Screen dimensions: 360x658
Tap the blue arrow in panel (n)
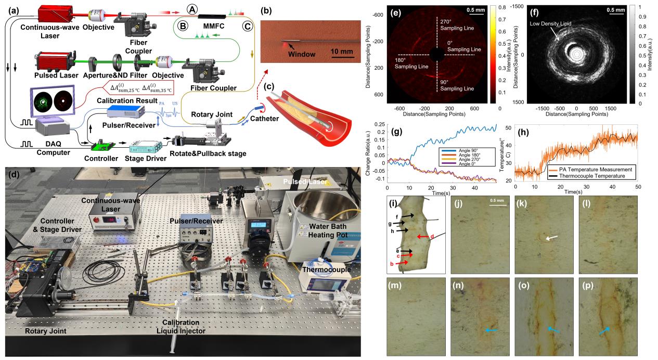tap(491, 330)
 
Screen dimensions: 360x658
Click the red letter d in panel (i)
tap(432, 236)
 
